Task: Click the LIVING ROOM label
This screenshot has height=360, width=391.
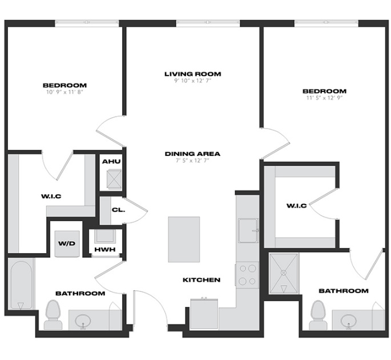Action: [193, 74]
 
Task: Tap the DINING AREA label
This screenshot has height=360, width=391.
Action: [192, 154]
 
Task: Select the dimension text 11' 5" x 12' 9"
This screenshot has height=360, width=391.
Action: [324, 98]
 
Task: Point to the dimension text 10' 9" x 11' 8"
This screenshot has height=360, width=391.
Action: [65, 92]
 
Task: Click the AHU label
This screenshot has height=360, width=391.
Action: [111, 162]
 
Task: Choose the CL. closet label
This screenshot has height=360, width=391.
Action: [118, 210]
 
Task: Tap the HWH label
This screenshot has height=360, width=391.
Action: [105, 249]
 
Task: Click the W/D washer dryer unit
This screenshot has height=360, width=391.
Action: [67, 243]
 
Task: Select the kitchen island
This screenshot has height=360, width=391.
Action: [184, 239]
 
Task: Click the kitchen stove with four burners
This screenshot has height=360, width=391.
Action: [247, 275]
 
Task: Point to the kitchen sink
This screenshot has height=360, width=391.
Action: [248, 230]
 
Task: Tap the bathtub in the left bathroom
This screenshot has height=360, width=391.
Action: [21, 285]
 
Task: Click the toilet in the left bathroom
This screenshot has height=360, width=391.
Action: [53, 314]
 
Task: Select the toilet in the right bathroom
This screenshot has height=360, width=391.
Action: [318, 315]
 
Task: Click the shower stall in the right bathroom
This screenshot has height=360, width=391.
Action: [284, 274]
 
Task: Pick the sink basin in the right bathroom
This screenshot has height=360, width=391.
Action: [349, 321]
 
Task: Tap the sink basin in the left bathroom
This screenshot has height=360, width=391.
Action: [83, 321]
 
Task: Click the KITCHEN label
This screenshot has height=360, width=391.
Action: [201, 280]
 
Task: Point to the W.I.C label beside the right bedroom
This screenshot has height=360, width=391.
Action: [296, 206]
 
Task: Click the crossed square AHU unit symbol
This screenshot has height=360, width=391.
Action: [114, 179]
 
